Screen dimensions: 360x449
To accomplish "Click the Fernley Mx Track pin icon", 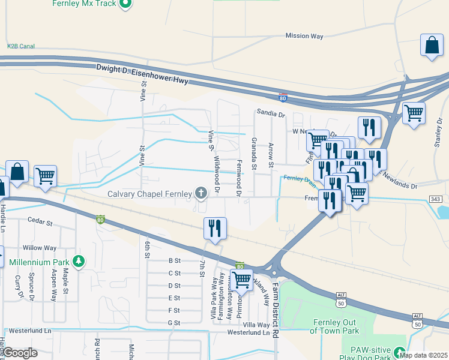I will [125, 5].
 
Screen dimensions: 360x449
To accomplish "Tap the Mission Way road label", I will [304, 36].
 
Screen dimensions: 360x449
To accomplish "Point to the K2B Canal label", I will [21, 46].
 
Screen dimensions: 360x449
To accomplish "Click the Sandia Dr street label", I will [270, 112].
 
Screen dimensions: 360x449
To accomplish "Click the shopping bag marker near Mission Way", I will [432, 46].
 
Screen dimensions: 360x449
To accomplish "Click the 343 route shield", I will [436, 199].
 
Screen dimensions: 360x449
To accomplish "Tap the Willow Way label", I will [39, 247].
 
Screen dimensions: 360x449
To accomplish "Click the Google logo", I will [20, 353].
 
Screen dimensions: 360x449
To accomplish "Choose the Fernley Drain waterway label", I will [300, 178].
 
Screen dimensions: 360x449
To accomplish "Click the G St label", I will [174, 323].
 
